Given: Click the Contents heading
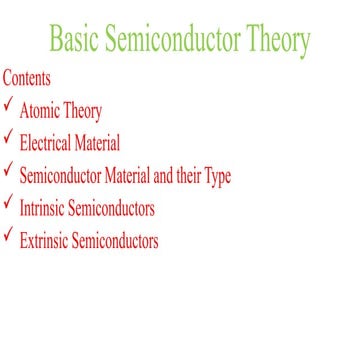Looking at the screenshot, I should [27, 77].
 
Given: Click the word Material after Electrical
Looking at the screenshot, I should [98, 144].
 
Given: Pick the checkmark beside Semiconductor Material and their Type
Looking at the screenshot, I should [8, 171].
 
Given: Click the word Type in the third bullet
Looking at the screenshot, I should [216, 177].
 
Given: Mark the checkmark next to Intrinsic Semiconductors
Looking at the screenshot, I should [8, 203].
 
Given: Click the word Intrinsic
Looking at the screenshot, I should [43, 208].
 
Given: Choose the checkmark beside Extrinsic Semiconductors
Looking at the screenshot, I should [8, 235].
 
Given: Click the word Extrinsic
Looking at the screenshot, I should [45, 240].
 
